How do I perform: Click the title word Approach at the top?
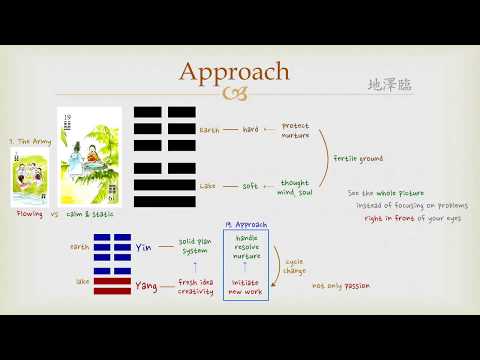[233, 71]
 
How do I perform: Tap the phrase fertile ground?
[358, 158]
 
